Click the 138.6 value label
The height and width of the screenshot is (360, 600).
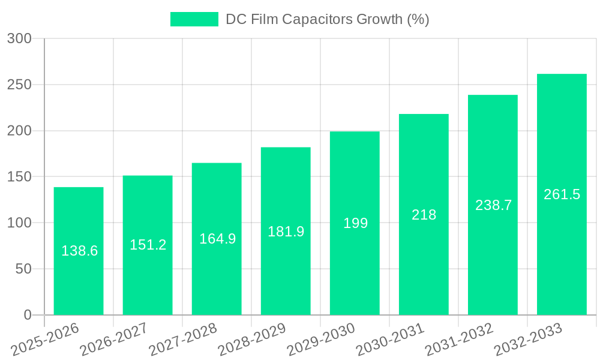coord(79,251)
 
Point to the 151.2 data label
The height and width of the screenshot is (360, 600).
coord(148,245)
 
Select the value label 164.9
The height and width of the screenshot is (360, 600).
coord(217,239)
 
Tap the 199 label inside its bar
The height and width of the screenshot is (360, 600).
coord(355,223)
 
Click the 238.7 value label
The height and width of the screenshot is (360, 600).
coord(493,205)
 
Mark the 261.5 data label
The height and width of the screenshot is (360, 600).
coord(562,194)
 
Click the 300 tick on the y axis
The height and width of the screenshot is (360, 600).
coord(19,39)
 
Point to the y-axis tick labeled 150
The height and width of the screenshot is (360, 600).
coord(19,177)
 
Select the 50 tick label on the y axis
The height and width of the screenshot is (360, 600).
coord(23,269)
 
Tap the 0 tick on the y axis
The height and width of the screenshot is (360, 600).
coord(28,315)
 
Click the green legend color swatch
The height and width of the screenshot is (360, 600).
coord(194,19)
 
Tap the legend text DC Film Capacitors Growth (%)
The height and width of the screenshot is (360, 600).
coord(327,19)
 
